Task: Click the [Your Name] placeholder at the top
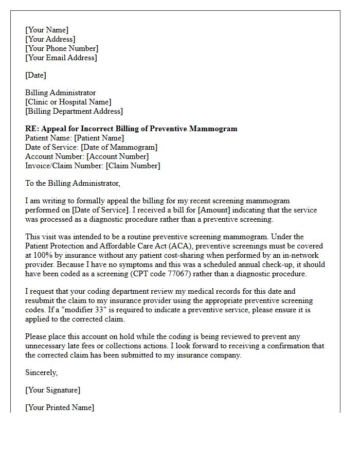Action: click(x=47, y=30)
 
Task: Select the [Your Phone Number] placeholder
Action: click(x=62, y=48)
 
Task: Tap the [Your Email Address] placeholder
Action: click(x=61, y=58)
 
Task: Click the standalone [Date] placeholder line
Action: click(x=36, y=75)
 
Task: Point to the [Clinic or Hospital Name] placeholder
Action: click(x=68, y=102)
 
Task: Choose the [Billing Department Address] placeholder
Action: click(x=74, y=111)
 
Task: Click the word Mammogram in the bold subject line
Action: click(x=214, y=129)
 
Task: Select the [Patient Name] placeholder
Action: click(x=99, y=138)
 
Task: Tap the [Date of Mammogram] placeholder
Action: click(x=119, y=147)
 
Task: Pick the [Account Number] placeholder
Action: click(x=117, y=156)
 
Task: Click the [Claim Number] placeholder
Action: click(x=133, y=166)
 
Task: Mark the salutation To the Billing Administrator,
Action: click(x=73, y=183)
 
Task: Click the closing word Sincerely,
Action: click(x=42, y=372)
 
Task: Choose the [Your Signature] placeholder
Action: click(x=52, y=390)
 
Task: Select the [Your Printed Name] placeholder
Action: click(x=60, y=407)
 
